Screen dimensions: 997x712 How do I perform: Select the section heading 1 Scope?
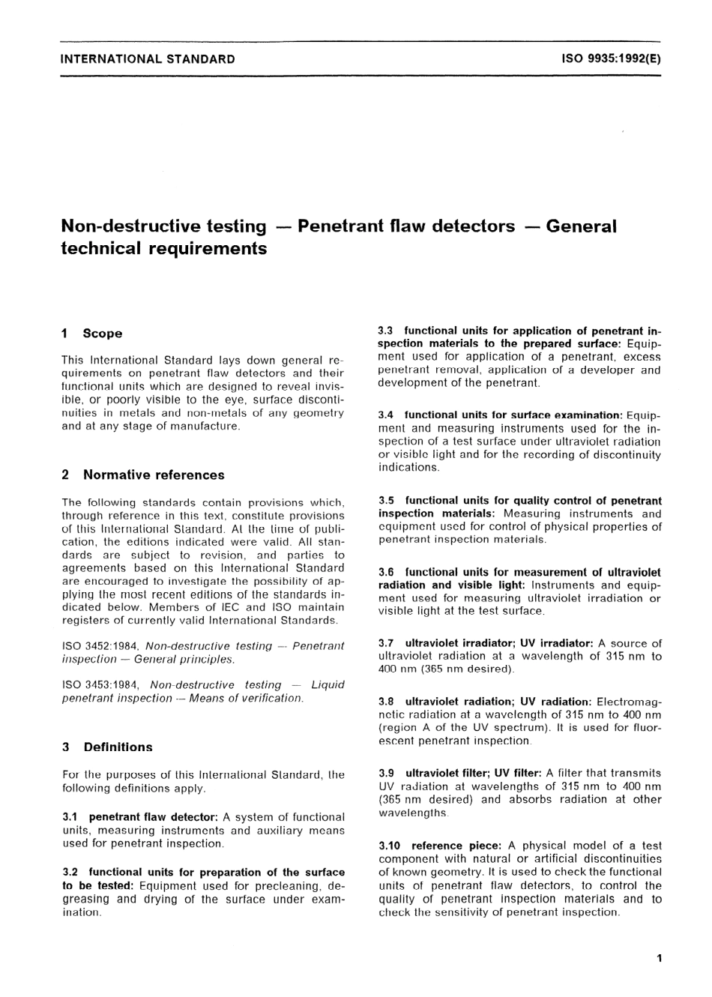pos(91,334)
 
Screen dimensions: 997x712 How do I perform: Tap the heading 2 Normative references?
pos(142,475)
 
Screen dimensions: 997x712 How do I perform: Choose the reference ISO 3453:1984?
pos(103,685)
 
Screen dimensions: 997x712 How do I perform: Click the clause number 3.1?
pos(70,817)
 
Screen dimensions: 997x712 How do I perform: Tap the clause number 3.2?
pos(71,873)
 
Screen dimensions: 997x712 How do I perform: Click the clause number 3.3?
pos(387,331)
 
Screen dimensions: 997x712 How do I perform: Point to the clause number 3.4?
pos(387,415)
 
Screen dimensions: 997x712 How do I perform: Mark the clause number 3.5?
pos(387,500)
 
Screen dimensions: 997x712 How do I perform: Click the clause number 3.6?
pos(387,572)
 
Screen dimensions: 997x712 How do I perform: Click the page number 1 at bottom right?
pos(658,957)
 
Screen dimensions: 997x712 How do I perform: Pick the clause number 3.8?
pos(387,702)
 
